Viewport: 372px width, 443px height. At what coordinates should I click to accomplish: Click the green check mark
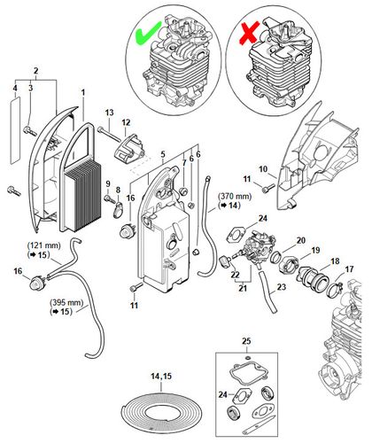point(147,34)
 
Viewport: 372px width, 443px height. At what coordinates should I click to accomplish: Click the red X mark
point(250,33)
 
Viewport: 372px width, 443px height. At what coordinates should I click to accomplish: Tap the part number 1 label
point(83,92)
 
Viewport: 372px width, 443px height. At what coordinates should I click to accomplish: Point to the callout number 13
point(109,113)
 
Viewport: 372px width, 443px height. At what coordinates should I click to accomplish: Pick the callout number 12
point(126,122)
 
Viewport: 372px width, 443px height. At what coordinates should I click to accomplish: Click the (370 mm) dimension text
point(235,196)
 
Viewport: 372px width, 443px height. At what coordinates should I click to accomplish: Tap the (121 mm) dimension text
point(43,245)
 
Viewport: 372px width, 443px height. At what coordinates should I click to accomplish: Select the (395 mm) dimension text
point(67,302)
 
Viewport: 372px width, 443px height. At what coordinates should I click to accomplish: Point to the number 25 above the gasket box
point(246,341)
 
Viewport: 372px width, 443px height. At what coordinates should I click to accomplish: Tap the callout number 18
point(335,261)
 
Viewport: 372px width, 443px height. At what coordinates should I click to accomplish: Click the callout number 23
point(282,287)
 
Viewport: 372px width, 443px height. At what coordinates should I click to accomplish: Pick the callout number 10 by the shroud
point(263,169)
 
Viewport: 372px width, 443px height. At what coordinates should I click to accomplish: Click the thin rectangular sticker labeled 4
point(15,129)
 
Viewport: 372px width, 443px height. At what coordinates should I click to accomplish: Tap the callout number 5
point(163,154)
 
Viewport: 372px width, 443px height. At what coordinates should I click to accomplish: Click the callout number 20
point(300,241)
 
